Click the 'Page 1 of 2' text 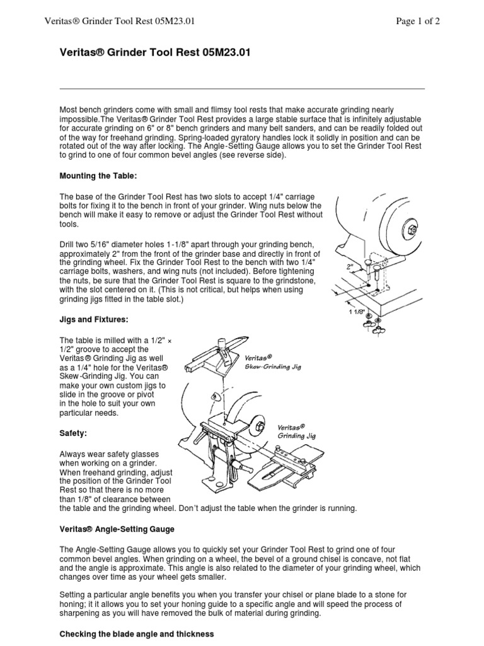coord(417,21)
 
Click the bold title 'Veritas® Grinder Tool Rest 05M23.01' coord(154,53)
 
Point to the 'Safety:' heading coord(74,435)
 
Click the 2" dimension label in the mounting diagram coord(350,266)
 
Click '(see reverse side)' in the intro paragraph coord(251,155)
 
